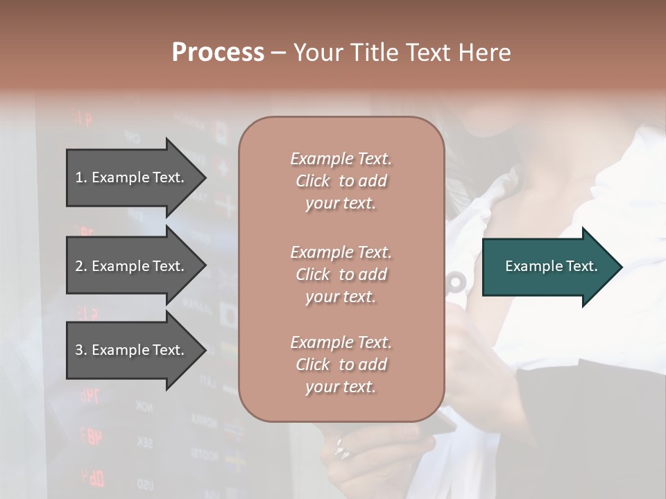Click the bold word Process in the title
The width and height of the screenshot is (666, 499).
click(x=218, y=53)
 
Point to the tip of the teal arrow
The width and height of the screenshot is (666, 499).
click(x=620, y=267)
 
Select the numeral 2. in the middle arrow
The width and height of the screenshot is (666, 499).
click(x=81, y=266)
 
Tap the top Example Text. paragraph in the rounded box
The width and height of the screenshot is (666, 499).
click(x=341, y=181)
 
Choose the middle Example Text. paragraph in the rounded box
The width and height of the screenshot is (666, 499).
click(x=341, y=274)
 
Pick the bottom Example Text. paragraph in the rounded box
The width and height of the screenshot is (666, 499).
click(x=341, y=364)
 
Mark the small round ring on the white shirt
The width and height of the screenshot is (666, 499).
click(x=456, y=282)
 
